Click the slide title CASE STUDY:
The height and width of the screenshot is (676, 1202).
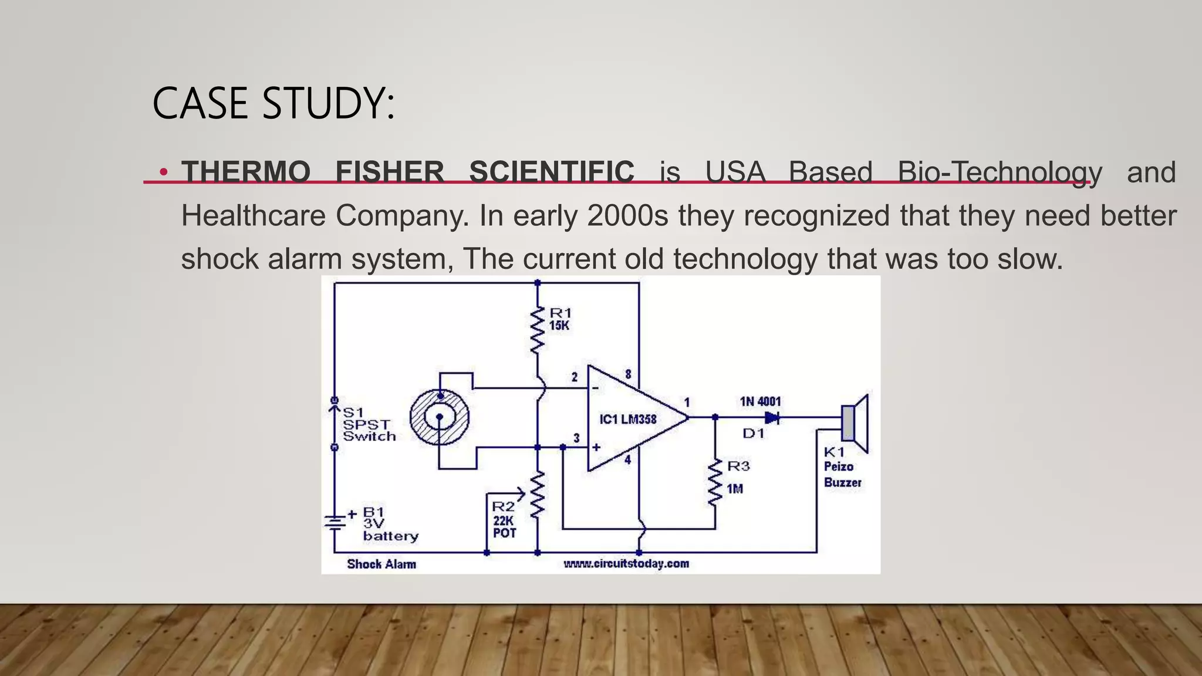click(273, 103)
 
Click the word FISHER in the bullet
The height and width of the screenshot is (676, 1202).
click(390, 173)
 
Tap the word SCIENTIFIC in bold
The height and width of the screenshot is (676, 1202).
click(552, 173)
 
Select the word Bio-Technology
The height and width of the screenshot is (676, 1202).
click(1000, 173)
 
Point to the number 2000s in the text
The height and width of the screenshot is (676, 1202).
click(627, 216)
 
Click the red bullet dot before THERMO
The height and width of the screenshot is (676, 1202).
click(164, 173)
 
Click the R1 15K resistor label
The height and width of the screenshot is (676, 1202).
click(560, 319)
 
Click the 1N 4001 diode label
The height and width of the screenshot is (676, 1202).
click(760, 401)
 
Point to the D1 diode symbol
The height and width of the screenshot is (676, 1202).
click(771, 418)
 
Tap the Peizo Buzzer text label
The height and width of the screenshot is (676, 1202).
click(842, 474)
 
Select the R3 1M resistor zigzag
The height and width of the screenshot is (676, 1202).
click(715, 482)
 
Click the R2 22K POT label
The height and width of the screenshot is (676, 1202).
click(504, 519)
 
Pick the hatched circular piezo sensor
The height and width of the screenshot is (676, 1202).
click(439, 417)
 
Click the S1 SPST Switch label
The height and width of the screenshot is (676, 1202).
click(369, 424)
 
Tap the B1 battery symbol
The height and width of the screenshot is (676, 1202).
click(335, 521)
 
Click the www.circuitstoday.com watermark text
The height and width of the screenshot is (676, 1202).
click(626, 564)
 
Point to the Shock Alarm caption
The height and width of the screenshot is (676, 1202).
click(381, 565)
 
